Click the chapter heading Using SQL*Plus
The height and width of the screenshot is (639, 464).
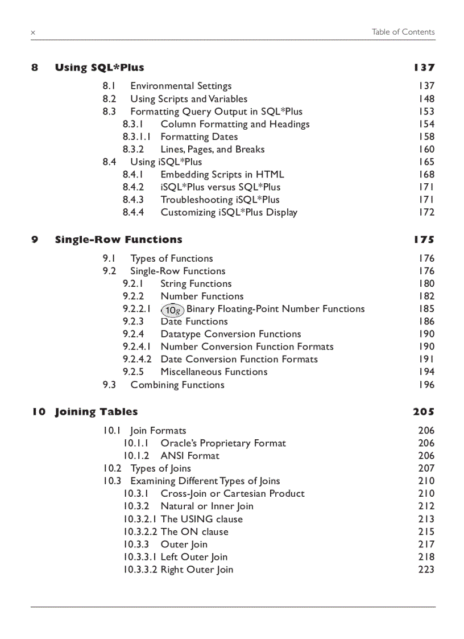(100, 68)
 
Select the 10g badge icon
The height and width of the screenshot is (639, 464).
(172, 310)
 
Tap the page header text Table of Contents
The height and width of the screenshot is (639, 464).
(403, 32)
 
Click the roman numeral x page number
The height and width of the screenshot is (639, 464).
(33, 33)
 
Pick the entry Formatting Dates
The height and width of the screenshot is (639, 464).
(199, 137)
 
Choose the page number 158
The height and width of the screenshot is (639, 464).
(425, 137)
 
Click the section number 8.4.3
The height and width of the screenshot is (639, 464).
(133, 200)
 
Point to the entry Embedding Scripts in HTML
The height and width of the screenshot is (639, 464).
(222, 175)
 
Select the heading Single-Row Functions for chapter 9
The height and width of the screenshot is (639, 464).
(118, 240)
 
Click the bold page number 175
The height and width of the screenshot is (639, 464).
(424, 240)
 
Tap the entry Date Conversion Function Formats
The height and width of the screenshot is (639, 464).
(239, 359)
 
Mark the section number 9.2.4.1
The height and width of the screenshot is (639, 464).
(137, 347)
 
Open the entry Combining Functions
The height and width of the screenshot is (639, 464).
(177, 385)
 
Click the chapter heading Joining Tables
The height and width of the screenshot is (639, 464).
(96, 412)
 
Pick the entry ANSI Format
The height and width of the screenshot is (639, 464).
(189, 456)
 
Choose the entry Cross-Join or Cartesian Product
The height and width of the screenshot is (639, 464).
(233, 493)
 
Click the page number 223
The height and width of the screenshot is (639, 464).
(426, 570)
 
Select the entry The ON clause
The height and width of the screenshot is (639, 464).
(194, 531)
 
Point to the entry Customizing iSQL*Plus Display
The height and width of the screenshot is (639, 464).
(229, 212)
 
